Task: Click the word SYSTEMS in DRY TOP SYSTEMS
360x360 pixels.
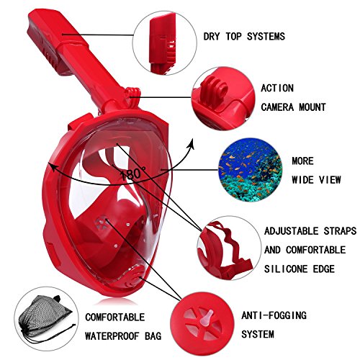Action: click(266, 37)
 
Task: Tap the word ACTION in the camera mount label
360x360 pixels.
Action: click(277, 88)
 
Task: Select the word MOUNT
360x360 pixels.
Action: click(312, 107)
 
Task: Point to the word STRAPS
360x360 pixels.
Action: click(340, 231)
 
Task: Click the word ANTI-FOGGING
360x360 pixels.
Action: click(274, 315)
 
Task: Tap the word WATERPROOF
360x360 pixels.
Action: click(112, 336)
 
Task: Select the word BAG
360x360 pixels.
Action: click(153, 336)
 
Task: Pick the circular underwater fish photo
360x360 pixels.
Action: click(250, 170)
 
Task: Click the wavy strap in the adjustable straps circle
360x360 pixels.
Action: click(228, 243)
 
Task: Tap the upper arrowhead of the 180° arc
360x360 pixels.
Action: click(192, 143)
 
